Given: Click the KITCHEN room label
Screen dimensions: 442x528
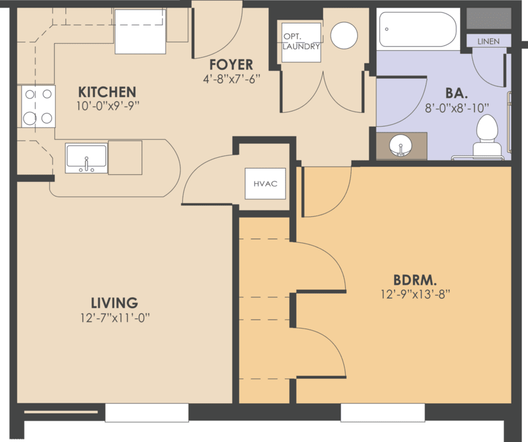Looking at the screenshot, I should pos(107,91).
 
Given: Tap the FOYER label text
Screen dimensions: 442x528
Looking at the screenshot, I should pos(232,65).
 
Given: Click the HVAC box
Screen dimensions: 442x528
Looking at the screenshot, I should pos(265,184).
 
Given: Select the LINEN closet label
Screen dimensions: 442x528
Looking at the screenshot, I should pos(488,41).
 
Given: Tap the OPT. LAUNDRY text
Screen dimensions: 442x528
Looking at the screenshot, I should pos(301,42).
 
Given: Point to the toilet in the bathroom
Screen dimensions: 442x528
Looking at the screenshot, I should pos(487,136).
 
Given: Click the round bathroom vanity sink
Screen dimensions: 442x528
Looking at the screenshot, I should pos(400,145).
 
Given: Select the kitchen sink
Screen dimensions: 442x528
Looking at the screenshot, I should pos(86,158).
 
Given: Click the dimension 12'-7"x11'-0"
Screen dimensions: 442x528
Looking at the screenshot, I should pos(114,317).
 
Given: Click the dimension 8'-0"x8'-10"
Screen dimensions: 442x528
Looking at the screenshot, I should pos(457,108).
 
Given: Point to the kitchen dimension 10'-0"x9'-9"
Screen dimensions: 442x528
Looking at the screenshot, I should pos(107,107).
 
